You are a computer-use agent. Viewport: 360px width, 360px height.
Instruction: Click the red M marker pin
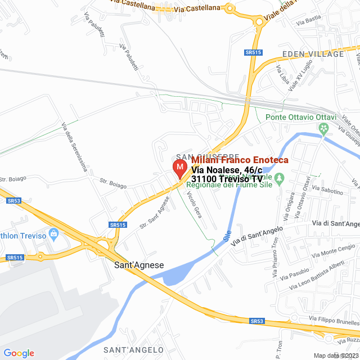tap(179, 169)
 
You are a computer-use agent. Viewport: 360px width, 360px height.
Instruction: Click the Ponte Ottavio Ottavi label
tap(300, 118)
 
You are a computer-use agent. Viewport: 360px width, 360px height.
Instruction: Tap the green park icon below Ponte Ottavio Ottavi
tap(323, 129)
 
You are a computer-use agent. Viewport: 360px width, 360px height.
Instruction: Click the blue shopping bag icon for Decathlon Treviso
tap(54, 233)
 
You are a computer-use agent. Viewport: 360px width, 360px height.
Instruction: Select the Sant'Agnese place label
tap(139, 264)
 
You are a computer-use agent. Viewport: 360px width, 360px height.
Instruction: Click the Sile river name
tap(227, 236)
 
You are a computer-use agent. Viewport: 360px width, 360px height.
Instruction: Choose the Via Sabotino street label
tap(327, 190)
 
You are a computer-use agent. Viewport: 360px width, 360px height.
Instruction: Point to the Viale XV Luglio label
tap(300, 78)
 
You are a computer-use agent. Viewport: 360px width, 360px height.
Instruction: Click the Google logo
tap(19, 353)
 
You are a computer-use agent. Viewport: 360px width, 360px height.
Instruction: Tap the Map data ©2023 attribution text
tap(336, 355)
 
